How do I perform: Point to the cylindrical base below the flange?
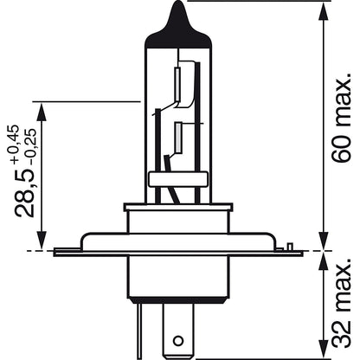coord(179,277)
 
